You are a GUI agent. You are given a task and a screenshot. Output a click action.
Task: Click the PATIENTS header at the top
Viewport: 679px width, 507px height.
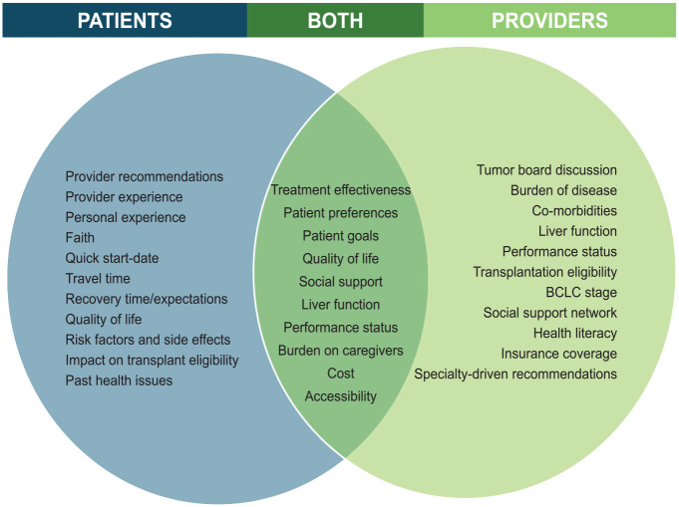124,20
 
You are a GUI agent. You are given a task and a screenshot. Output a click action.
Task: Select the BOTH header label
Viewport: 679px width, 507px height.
335,20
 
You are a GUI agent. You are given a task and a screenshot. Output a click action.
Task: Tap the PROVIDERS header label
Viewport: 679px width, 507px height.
550,20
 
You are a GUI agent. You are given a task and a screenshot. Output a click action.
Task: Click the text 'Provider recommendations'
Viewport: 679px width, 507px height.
145,176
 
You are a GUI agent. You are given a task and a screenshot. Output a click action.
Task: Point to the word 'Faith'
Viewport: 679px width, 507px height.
81,238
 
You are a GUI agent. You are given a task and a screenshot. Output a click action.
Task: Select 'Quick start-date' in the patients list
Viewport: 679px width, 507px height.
112,258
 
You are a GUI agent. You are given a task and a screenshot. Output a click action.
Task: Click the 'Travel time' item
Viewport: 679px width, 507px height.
98,279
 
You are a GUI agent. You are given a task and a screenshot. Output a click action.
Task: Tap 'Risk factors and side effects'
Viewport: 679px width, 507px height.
148,340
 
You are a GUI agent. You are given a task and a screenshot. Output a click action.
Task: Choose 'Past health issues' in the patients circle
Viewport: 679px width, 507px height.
119,380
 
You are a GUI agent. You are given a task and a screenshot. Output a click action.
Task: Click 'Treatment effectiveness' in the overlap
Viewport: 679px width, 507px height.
340,189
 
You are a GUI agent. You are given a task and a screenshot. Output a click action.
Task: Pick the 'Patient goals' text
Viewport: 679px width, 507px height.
340,235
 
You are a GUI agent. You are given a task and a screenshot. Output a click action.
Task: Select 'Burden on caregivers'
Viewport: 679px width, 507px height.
340,351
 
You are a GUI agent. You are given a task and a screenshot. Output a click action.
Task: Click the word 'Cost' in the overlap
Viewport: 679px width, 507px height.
340,374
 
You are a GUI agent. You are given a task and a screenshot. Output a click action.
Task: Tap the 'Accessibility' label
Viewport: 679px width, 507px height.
340,396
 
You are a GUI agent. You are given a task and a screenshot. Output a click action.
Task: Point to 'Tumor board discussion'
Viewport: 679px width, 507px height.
546,170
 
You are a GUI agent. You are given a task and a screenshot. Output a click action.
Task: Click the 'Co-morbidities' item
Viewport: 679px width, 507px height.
574,210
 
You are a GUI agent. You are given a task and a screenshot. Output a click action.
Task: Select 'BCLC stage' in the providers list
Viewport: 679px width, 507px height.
582,292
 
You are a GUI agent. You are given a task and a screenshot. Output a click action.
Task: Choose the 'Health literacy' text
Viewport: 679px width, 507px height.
575,333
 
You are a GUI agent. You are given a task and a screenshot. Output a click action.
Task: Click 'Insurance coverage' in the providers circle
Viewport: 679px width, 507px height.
559,354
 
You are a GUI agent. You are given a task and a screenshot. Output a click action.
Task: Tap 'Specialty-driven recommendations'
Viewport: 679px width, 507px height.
515,374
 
